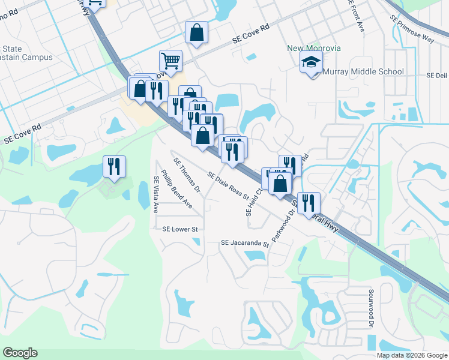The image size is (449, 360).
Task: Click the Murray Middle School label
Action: point(363,72)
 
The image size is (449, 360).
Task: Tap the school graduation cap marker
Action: point(312,63)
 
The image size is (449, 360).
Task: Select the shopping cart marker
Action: point(170,60)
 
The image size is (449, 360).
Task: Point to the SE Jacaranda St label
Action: point(244,243)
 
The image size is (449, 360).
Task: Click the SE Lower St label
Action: point(179,229)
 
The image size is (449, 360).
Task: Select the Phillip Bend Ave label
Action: point(176,192)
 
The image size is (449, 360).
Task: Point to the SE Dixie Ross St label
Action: point(228,185)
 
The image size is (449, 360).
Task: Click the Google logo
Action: point(20,353)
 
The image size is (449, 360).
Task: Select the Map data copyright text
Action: point(412,355)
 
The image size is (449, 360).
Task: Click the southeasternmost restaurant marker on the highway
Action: point(309,203)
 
